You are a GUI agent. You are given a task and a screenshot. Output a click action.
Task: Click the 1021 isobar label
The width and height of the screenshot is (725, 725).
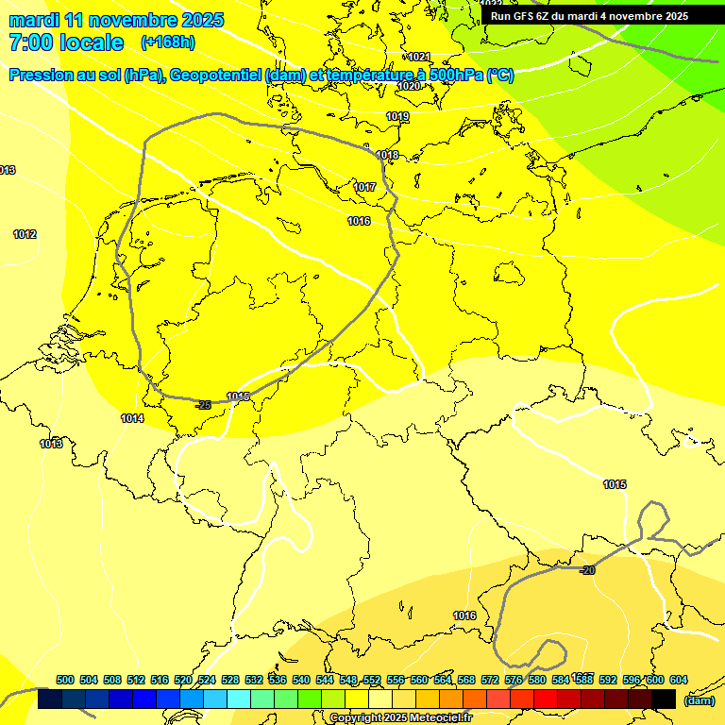tap(419, 57)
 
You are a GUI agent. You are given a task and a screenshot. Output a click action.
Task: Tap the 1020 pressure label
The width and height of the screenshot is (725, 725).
tap(408, 86)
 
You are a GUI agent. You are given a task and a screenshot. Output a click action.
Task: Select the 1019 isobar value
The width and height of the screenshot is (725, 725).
tap(397, 116)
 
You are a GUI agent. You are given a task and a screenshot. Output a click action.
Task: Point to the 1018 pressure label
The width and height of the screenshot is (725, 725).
tap(387, 155)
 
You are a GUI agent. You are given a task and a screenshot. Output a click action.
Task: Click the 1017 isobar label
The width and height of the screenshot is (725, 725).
tap(364, 187)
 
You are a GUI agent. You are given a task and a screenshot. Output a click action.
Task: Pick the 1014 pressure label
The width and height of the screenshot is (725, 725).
tap(132, 418)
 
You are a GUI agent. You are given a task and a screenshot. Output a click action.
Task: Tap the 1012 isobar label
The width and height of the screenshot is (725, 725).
tap(25, 234)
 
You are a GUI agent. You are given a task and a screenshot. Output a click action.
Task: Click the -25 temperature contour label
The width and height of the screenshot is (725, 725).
tap(203, 405)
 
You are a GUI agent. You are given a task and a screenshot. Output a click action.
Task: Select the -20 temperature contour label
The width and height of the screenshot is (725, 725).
tap(587, 570)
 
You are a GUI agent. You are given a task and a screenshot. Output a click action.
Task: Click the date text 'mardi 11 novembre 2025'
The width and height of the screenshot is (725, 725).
tap(116, 20)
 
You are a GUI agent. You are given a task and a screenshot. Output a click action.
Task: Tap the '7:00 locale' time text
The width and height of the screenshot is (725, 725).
tap(66, 42)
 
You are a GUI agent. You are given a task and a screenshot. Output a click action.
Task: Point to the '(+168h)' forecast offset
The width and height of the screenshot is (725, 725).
tap(167, 42)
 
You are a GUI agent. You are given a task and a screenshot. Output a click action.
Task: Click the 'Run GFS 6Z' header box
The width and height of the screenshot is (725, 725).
tap(589, 15)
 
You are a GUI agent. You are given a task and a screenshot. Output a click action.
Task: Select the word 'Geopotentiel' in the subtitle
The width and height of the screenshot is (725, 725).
tap(216, 76)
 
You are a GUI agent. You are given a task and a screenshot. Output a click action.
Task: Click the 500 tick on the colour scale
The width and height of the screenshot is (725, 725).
tap(65, 680)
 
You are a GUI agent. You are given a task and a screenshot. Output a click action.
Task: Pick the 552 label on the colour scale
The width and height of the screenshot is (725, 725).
tap(372, 680)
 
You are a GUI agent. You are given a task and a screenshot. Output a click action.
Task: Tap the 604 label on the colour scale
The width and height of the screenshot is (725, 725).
tap(678, 680)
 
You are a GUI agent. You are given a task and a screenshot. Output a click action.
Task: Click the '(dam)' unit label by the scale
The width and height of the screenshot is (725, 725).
tap(699, 700)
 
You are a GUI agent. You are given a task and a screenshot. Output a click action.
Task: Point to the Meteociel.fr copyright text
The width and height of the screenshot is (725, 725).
tap(400, 717)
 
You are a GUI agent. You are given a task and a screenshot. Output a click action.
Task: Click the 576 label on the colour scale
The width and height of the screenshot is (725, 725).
tap(514, 680)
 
